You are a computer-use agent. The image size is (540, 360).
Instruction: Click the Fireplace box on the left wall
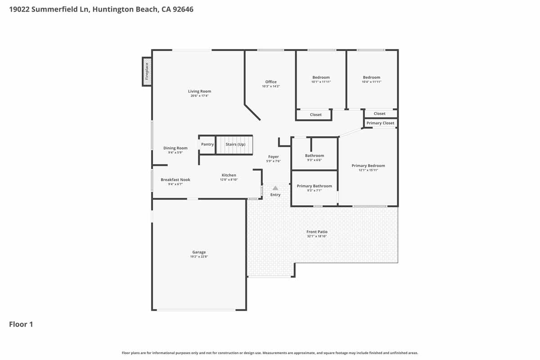click(147, 71)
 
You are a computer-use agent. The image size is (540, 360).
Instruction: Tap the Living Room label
click(199, 91)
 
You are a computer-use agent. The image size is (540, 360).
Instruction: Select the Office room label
click(271, 82)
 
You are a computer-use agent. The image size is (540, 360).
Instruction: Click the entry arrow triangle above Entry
click(275, 188)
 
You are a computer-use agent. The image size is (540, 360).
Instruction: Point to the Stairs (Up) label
click(235, 144)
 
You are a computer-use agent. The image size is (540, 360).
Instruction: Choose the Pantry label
click(207, 144)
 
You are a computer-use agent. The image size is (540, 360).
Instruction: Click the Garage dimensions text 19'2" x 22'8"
click(199, 256)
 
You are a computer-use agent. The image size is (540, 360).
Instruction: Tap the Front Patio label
click(317, 232)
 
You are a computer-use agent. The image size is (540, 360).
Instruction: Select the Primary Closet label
click(380, 123)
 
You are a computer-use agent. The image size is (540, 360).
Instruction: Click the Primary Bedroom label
click(368, 166)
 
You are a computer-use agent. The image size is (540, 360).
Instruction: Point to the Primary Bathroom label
click(314, 186)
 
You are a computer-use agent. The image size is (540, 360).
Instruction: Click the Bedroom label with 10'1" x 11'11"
click(321, 77)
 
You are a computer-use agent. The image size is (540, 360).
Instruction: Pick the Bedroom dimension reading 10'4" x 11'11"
click(372, 82)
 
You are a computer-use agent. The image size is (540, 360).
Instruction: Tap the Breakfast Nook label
click(175, 180)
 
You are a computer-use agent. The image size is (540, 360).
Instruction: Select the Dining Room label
click(175, 148)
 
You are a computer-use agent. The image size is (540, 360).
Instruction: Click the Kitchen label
click(229, 175)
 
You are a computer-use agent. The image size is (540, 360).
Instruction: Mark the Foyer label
click(273, 157)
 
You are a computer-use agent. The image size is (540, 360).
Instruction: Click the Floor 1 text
click(21, 324)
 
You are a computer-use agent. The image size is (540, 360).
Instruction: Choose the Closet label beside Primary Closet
click(379, 114)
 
